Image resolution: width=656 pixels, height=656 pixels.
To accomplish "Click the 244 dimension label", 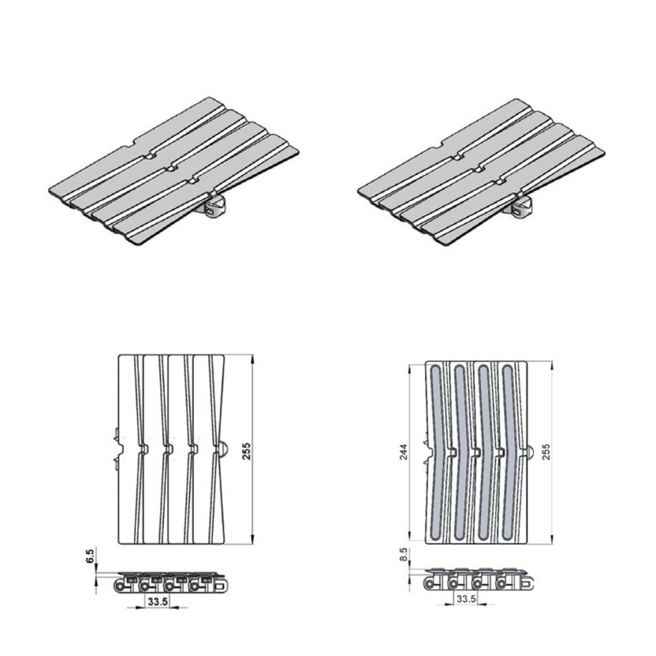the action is click(404, 452).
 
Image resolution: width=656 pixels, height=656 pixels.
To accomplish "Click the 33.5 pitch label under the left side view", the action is click(158, 602).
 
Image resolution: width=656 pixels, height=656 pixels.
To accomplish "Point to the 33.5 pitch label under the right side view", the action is click(466, 599).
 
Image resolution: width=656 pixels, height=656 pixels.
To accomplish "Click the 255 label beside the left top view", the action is click(247, 452).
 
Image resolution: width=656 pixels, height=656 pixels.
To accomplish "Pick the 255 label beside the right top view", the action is click(546, 452).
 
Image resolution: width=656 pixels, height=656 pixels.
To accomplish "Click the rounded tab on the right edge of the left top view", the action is click(224, 449).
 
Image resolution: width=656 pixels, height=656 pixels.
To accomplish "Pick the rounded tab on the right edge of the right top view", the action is click(531, 452).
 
